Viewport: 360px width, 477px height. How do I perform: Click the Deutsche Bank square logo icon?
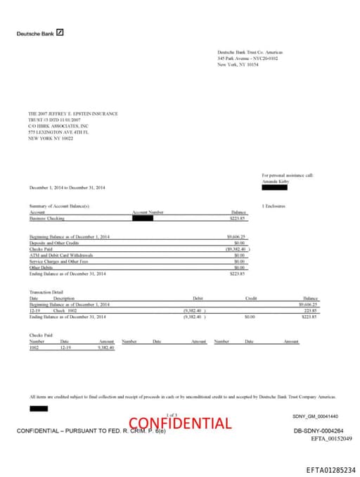[x=60, y=32]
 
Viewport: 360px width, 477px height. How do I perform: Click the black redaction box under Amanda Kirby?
[x=274, y=186]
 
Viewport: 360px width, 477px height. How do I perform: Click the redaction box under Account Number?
[x=142, y=218]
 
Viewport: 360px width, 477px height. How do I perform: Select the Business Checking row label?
[x=46, y=219]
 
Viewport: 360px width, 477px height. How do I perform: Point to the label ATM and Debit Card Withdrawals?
[x=61, y=255]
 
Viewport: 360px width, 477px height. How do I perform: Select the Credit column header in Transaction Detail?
[x=251, y=298]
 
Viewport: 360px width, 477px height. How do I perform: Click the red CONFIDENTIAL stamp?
[x=179, y=423]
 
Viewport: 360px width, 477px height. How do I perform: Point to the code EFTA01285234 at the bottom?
[x=330, y=469]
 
